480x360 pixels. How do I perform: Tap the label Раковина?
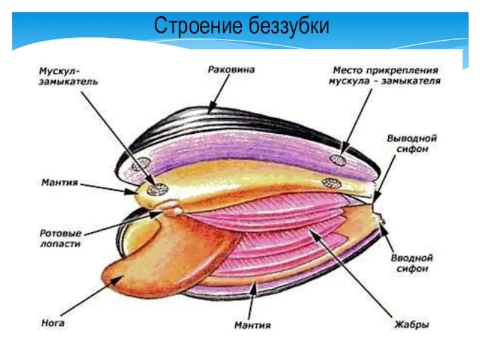[231, 69]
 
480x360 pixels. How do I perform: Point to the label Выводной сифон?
[411, 143]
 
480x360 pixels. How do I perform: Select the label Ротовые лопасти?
[59, 239]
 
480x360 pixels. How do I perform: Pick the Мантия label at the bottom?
[252, 325]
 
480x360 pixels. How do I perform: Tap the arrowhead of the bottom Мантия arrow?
[257, 285]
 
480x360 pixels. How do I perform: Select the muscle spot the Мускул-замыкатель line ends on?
[158, 188]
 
